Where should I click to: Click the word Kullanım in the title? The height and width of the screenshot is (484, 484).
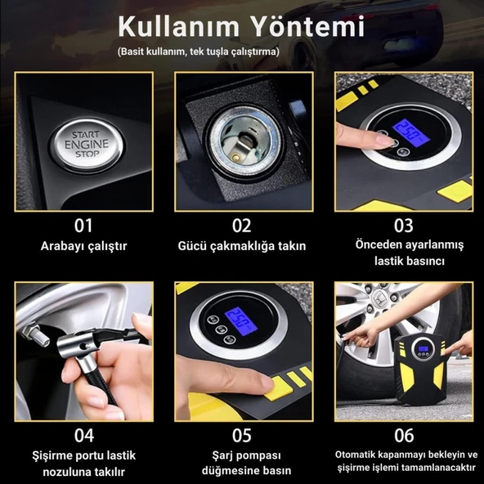(x=179, y=26)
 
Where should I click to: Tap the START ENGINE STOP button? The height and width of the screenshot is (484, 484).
(x=87, y=145)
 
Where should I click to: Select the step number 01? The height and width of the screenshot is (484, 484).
(x=83, y=226)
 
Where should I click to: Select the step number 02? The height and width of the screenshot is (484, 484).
(x=242, y=226)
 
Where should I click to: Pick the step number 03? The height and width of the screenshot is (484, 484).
(x=403, y=226)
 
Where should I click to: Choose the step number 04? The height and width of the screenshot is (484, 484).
(x=83, y=435)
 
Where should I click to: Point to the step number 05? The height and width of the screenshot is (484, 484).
(x=242, y=435)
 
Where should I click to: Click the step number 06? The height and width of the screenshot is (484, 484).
(x=404, y=435)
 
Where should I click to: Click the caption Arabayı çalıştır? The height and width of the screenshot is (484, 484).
(x=83, y=246)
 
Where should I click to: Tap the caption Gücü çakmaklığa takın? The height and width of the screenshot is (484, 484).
(x=242, y=246)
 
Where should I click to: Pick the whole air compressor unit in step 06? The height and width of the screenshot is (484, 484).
(x=420, y=369)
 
